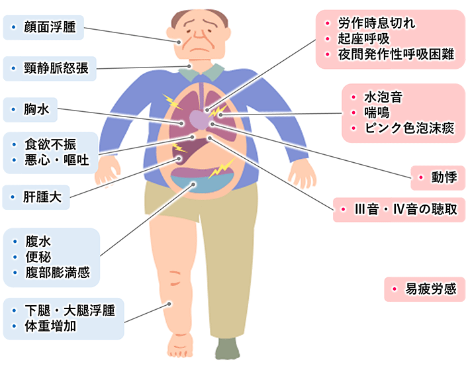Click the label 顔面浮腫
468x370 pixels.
(49, 28)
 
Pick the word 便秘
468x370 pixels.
(38, 257)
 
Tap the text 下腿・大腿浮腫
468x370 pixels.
(69, 310)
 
